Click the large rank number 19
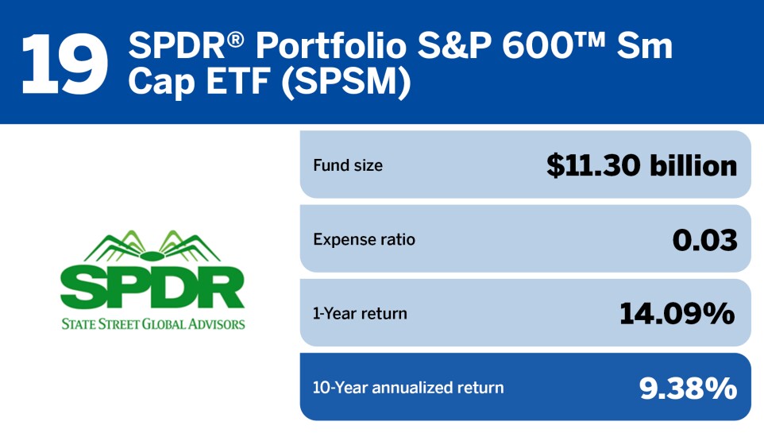coord(64,62)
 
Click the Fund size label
coord(347,165)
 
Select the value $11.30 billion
coord(642,165)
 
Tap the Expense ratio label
coord(364,239)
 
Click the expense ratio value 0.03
coord(704,239)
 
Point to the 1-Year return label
coord(360,313)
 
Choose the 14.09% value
coord(677,313)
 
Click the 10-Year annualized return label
coord(408,388)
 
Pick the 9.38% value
coord(688,388)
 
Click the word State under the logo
coord(79,323)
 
